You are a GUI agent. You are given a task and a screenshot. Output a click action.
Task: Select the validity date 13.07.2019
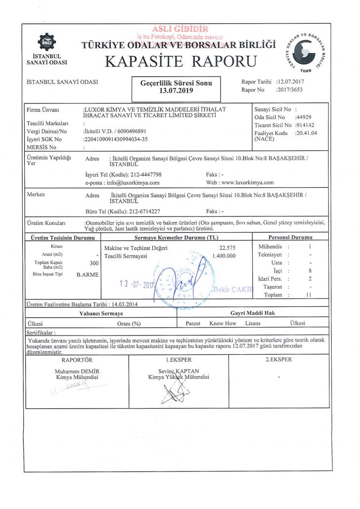coord(176,91)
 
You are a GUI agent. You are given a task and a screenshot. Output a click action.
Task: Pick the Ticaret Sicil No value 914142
coord(305,126)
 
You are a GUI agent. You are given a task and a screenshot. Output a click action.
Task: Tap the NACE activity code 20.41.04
coord(306,133)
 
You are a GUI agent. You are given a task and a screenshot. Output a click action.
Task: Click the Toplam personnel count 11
coord(310,295)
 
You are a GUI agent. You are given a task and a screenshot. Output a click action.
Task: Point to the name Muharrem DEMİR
coord(77,371)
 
